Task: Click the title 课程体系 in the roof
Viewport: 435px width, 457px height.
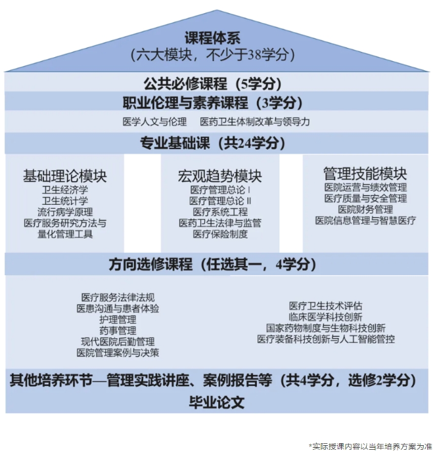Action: tap(212, 38)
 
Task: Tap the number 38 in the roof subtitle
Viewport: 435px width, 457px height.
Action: tap(254, 54)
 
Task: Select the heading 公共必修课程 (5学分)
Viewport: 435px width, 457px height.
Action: tap(212, 83)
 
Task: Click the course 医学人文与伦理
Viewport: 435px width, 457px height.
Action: tap(154, 122)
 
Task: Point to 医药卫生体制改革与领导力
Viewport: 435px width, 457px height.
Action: tap(255, 122)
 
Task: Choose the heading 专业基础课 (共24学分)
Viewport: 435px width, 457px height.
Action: tap(212, 143)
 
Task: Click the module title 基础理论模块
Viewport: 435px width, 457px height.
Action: tap(65, 175)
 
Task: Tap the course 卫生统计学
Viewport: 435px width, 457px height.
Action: tap(65, 201)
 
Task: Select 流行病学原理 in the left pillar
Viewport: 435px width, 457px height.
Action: tap(65, 212)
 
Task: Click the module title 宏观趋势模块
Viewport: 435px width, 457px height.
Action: tap(220, 176)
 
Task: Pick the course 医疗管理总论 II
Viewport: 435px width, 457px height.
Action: tap(220, 201)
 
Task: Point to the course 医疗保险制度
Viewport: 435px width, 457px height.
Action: tap(220, 234)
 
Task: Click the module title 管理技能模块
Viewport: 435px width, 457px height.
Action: tap(365, 174)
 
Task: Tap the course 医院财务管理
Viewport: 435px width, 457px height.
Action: tap(365, 209)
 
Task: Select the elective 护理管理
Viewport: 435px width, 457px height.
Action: tap(118, 319)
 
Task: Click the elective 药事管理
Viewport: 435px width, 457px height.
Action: tap(118, 330)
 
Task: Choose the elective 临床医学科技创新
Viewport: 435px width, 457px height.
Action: tap(326, 316)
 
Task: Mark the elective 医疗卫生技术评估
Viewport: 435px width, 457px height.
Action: tap(326, 306)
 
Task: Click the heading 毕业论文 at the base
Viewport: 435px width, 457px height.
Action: tap(216, 403)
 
